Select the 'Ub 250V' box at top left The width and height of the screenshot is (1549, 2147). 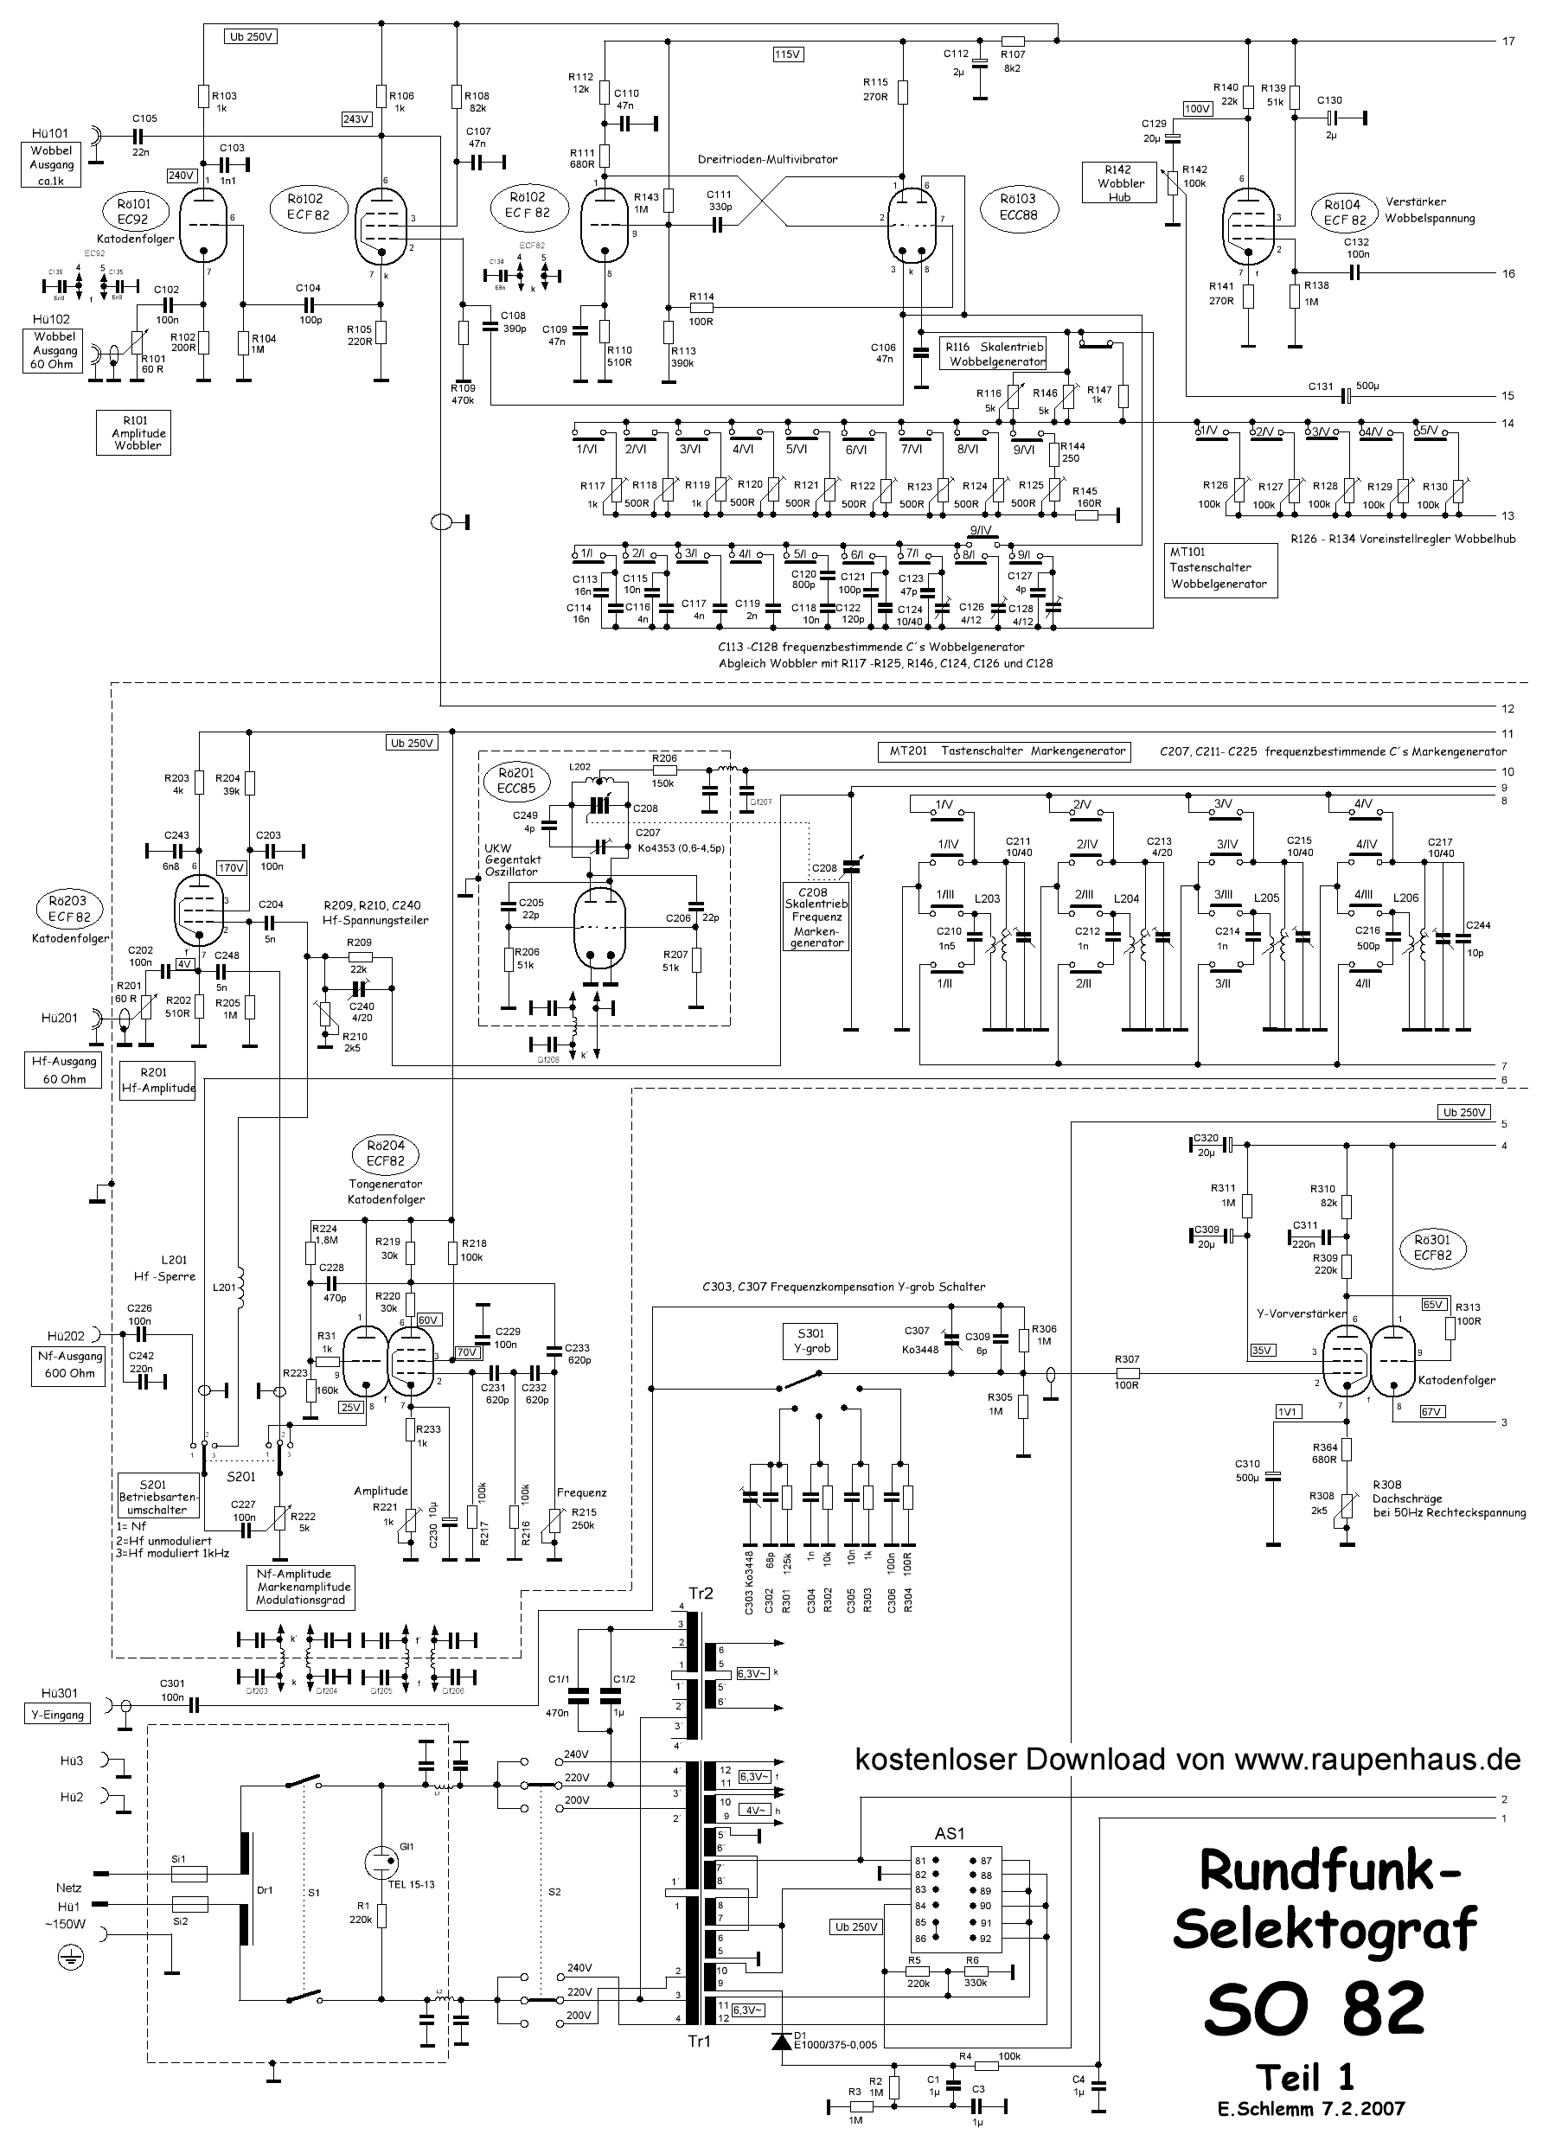251,38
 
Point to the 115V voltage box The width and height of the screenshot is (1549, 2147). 788,54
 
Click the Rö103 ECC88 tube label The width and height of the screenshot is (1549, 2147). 1018,207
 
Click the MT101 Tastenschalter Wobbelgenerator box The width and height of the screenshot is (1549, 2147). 1219,568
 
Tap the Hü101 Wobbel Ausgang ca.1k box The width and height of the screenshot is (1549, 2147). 52,164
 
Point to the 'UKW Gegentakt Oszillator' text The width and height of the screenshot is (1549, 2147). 511,859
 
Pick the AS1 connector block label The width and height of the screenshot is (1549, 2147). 949,1834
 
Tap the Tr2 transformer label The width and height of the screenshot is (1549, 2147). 701,1594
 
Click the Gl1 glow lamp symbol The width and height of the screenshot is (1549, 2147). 381,1861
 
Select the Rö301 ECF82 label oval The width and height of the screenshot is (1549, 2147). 1431,1248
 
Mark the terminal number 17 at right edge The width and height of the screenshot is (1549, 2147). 1508,42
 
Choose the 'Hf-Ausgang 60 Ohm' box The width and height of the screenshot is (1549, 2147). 63,1070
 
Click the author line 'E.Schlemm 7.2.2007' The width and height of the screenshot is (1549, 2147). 1311,2108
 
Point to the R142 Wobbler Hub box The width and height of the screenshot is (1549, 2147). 1119,182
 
